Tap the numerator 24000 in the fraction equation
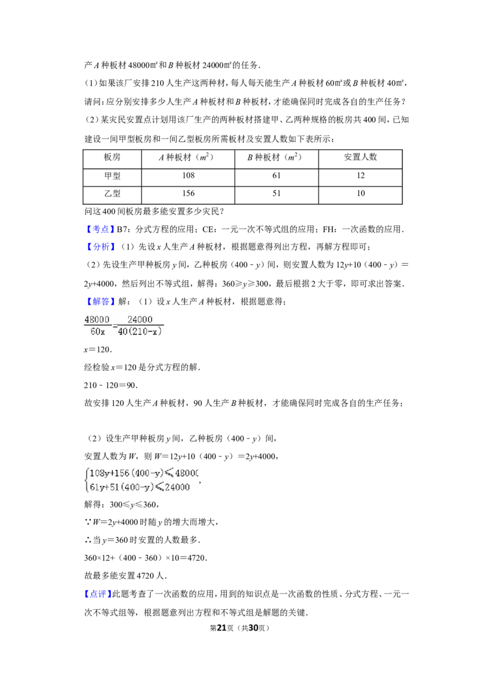(x=140, y=320)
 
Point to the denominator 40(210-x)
(x=140, y=331)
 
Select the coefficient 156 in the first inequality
(x=123, y=473)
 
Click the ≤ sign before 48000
(x=169, y=473)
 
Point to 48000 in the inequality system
(x=187, y=473)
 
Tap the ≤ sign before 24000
(x=159, y=487)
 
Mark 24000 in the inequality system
(x=177, y=487)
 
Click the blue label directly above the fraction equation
(x=101, y=301)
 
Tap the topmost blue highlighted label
(x=101, y=229)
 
